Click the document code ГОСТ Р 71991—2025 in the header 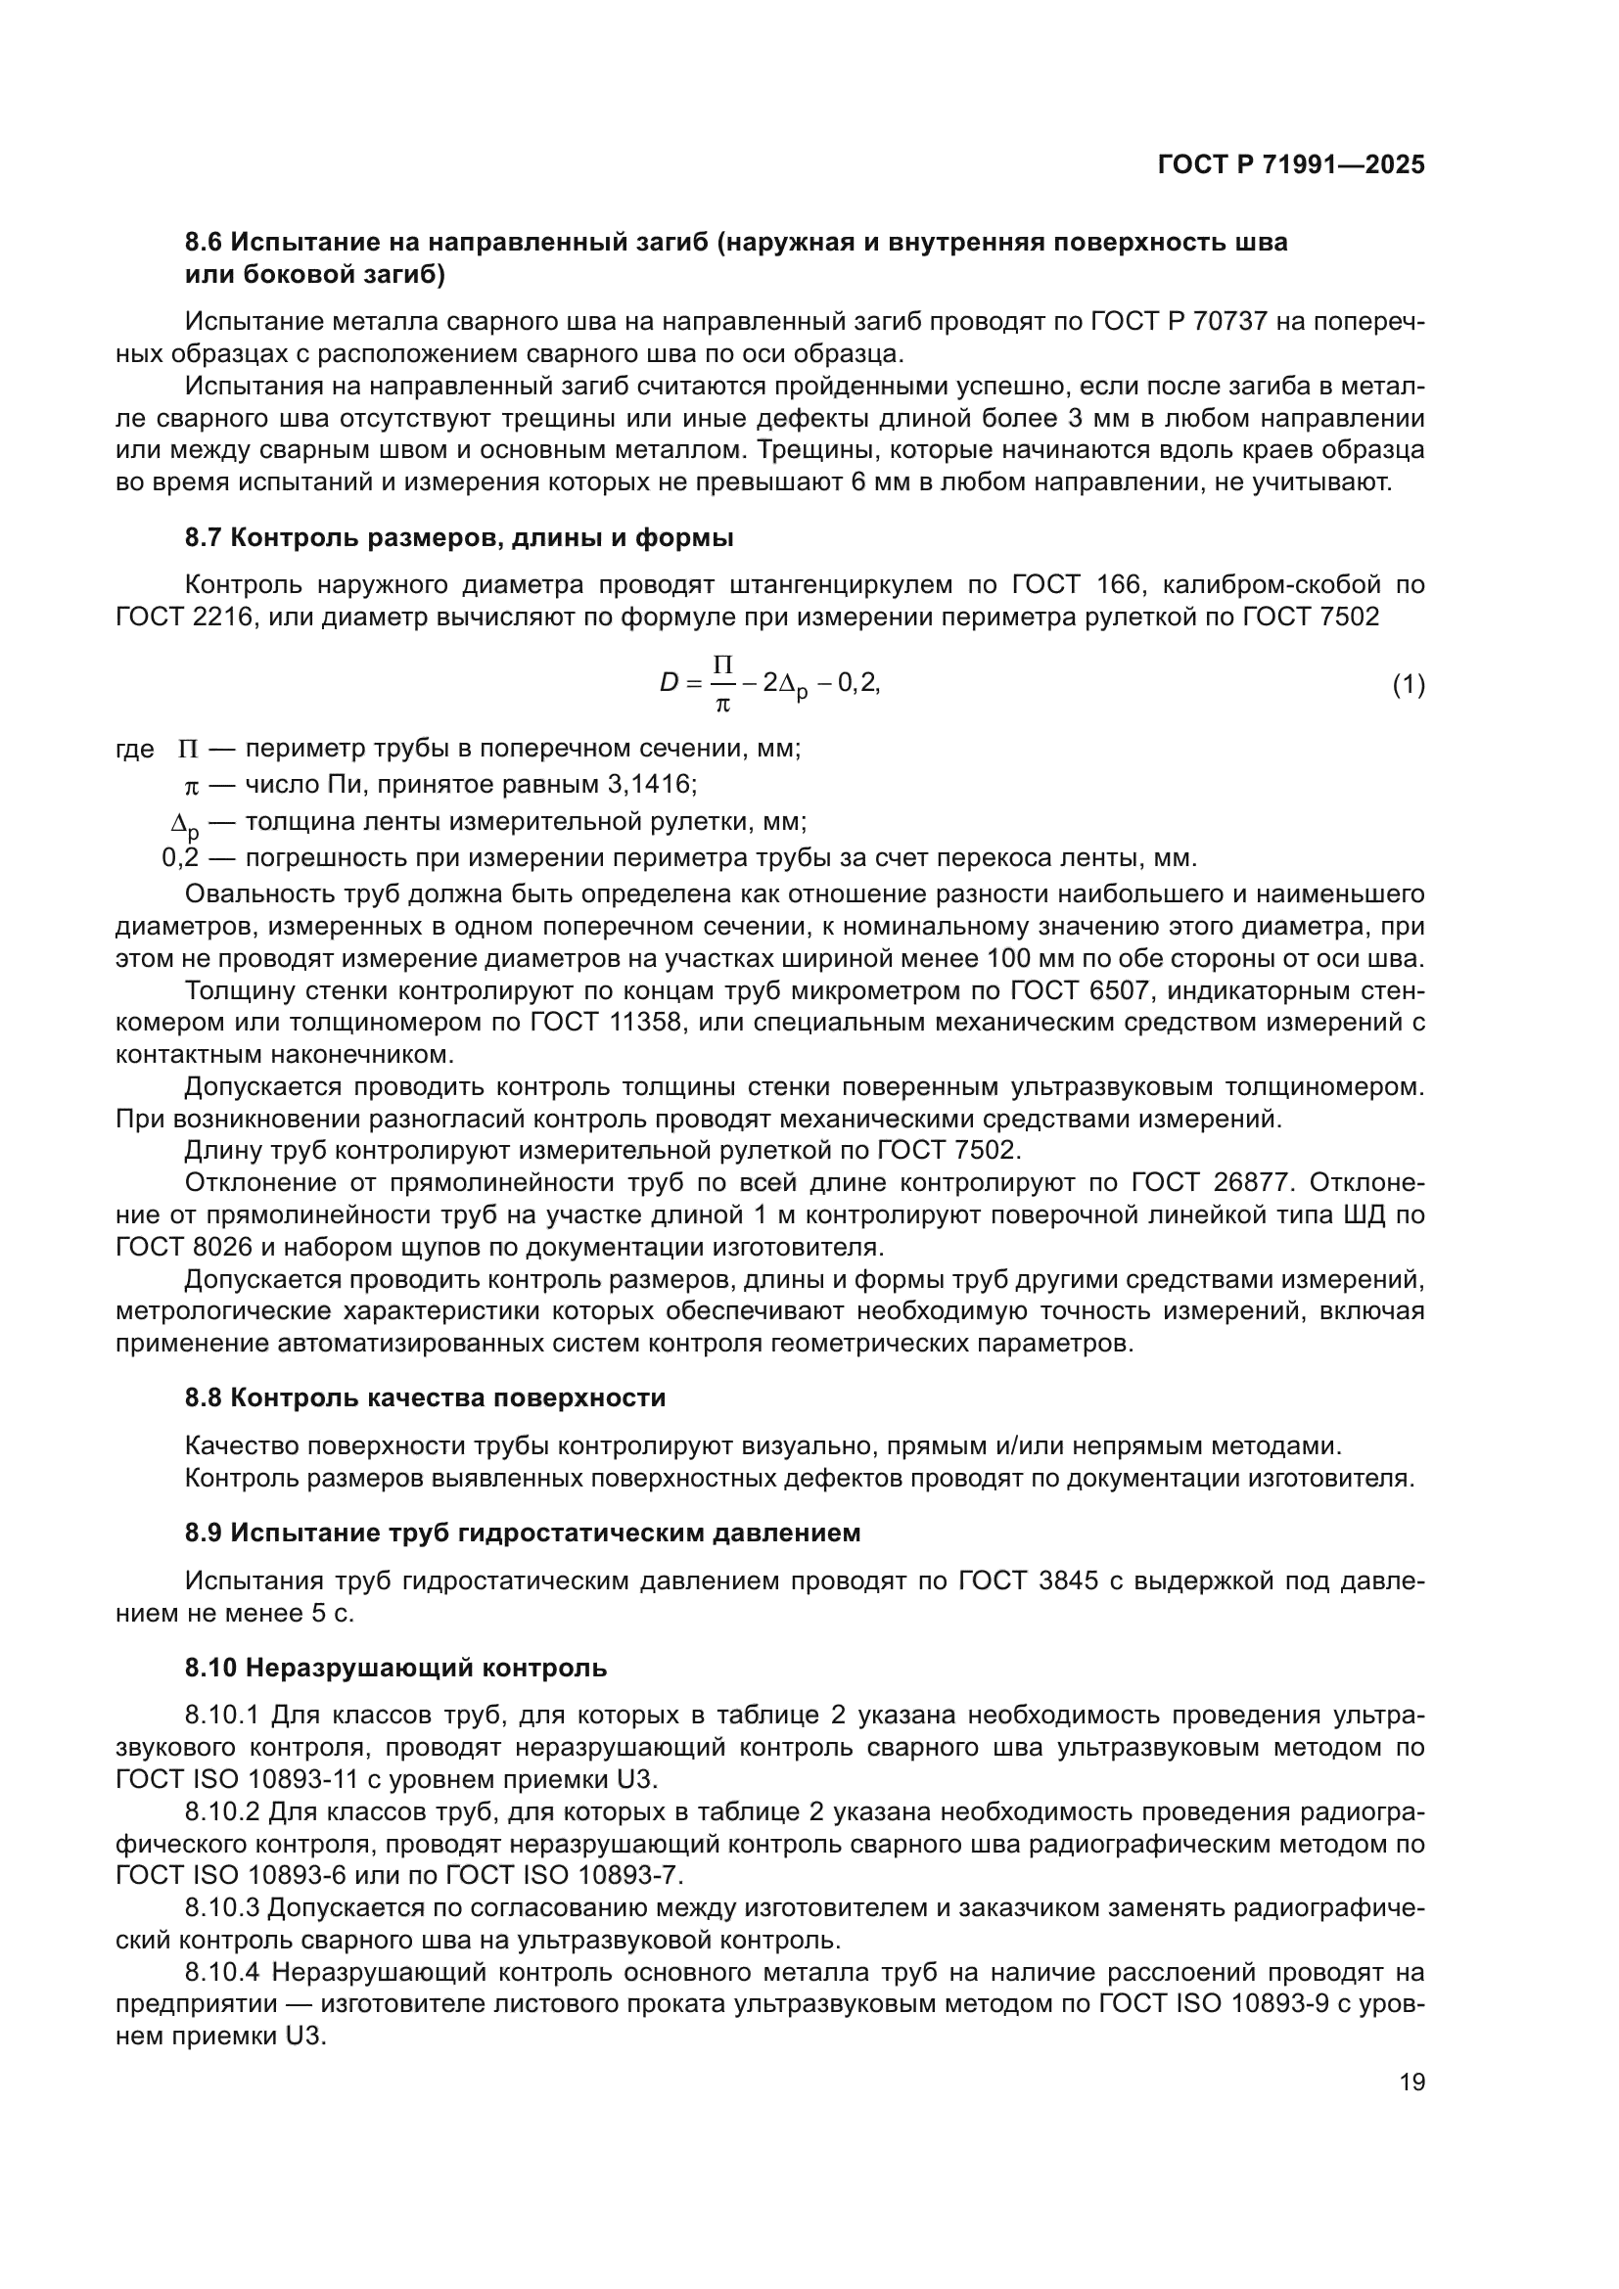click(x=1290, y=165)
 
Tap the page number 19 click(x=1411, y=2082)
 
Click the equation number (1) click(x=1408, y=685)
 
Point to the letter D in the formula click(x=668, y=683)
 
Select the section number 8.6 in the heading click(x=206, y=243)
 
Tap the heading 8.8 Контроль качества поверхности click(x=425, y=1397)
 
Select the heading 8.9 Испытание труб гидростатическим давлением click(x=523, y=1533)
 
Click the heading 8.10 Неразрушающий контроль click(x=394, y=1667)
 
